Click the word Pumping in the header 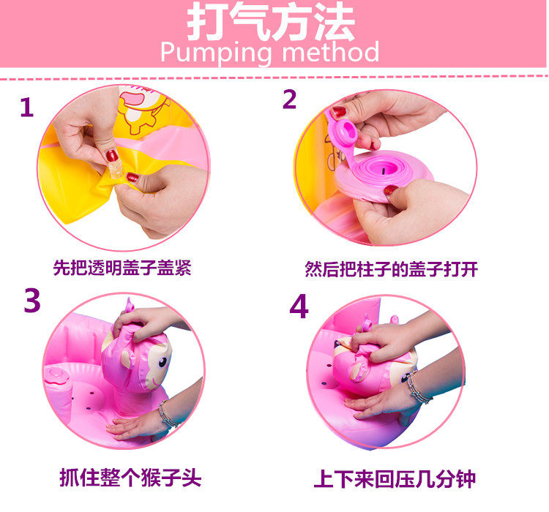coord(216,53)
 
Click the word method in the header coord(330,51)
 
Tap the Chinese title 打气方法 coord(271,22)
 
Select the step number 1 coord(27,107)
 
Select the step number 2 coord(290,99)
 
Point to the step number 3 coord(32,300)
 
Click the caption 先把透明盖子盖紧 coord(122,268)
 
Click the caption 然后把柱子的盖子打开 coord(391,269)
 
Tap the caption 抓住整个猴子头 coord(130,478)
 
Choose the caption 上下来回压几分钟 coord(395,479)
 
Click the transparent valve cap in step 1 coord(115,170)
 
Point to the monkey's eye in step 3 coord(163,362)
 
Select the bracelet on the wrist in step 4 coord(419,388)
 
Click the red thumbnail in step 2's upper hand coord(339,112)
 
